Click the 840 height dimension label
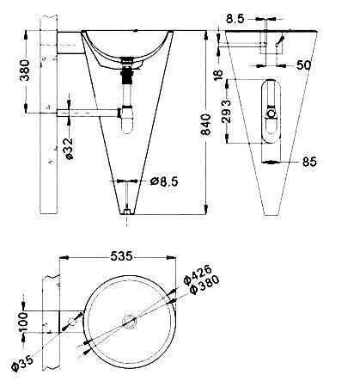click(206, 125)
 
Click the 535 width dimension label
click(122, 256)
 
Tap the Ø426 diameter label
click(198, 274)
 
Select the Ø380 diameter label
click(204, 285)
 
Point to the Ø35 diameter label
click(23, 363)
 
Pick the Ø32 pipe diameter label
click(69, 148)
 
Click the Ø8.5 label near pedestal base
click(164, 181)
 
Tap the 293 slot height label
click(226, 111)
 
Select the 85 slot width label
click(309, 162)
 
